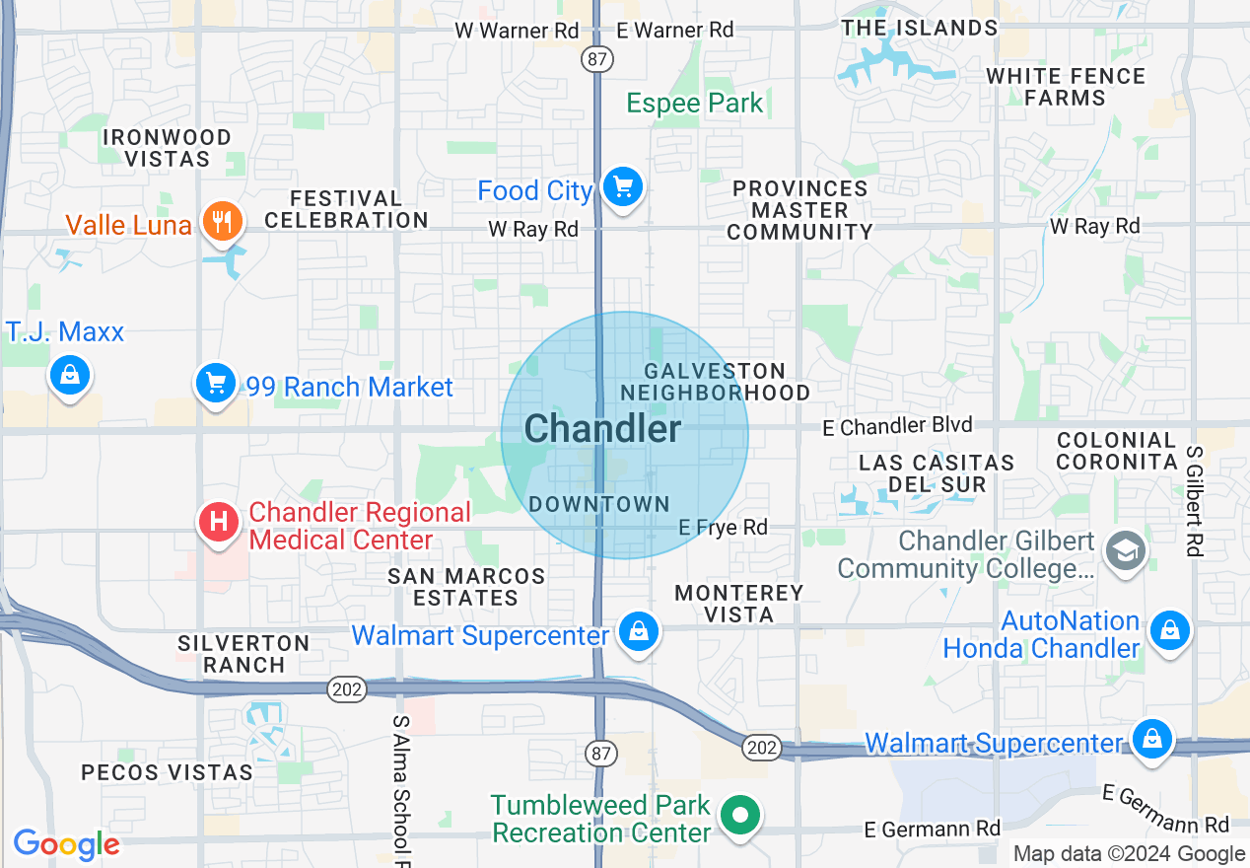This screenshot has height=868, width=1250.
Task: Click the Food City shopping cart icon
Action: [x=622, y=186]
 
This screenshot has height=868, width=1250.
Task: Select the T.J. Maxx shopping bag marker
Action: [x=69, y=375]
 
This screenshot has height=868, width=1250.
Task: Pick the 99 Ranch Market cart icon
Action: [x=215, y=383]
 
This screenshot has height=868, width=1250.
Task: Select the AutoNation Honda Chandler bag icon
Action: [x=1170, y=628]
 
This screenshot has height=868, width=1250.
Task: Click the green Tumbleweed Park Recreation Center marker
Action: [x=739, y=816]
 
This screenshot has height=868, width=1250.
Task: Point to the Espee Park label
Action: [x=695, y=104]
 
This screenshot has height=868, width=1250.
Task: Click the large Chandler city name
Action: [x=602, y=429]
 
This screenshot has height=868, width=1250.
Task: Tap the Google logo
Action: [x=66, y=845]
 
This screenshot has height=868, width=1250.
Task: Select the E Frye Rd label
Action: [x=723, y=528]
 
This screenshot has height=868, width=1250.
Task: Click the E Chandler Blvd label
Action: [x=898, y=426]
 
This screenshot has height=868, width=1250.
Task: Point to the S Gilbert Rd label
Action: [x=1195, y=500]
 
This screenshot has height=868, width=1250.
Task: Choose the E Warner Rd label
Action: [x=675, y=31]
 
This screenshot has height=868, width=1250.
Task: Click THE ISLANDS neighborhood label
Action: [x=919, y=28]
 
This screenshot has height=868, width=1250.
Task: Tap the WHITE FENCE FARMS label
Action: [x=1065, y=87]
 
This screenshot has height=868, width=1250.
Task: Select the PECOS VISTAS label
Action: [x=168, y=772]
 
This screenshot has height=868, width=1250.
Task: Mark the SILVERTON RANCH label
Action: [x=243, y=654]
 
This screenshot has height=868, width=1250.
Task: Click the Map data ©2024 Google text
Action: [x=1129, y=854]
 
